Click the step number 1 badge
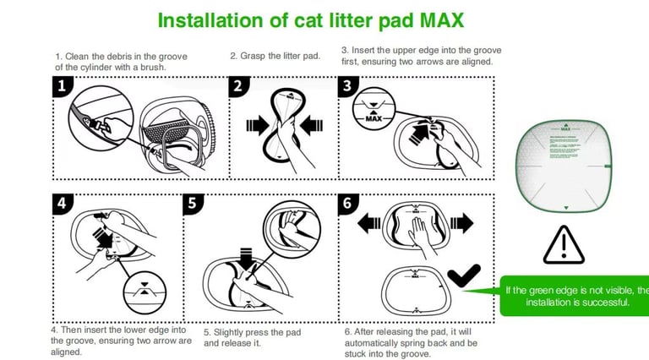point(62,85)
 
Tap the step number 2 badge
point(238,85)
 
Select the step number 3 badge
point(348,85)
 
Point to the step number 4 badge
point(62,203)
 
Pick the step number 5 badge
point(194,204)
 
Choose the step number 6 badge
point(348,204)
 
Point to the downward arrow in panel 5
point(247,259)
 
